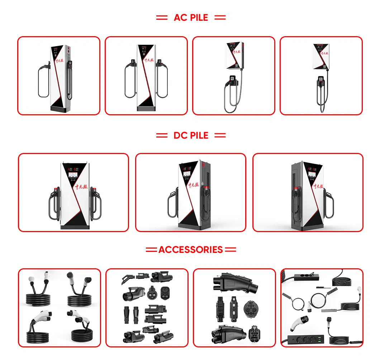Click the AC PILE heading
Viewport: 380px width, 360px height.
[x=191, y=18]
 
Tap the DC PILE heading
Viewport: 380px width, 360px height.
[x=191, y=135]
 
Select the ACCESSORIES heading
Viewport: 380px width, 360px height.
[x=191, y=250]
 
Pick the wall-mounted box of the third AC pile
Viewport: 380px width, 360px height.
[x=235, y=56]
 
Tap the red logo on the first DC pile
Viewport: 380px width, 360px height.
[x=81, y=187]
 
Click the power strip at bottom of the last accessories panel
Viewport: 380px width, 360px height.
[x=303, y=339]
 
